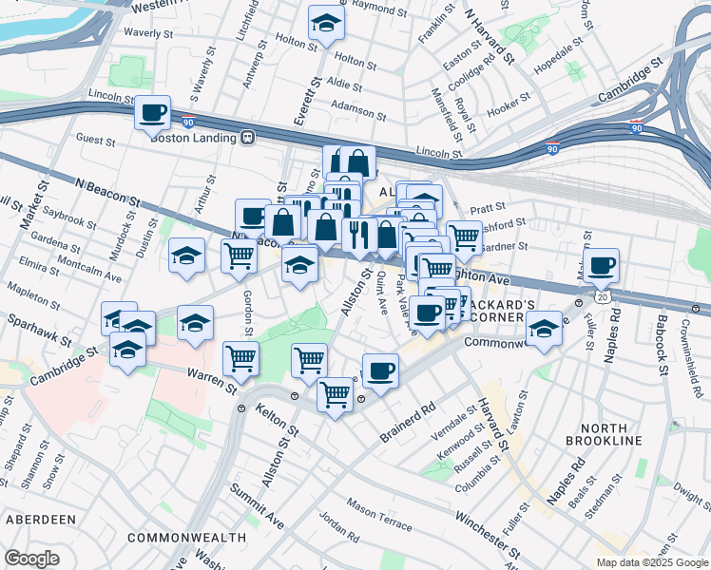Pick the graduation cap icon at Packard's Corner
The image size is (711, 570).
544,330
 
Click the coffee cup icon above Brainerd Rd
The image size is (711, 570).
380,370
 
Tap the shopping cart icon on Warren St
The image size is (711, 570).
240,358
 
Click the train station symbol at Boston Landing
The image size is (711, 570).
247,137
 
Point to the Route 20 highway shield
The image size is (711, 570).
603,297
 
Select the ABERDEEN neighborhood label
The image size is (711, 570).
40,520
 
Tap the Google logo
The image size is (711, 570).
32,559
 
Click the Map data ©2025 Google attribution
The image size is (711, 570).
651,562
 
